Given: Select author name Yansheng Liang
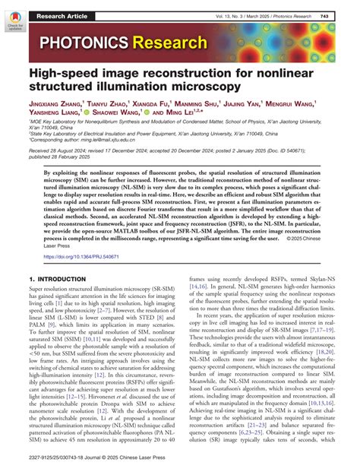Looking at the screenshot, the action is click(x=56, y=116).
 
